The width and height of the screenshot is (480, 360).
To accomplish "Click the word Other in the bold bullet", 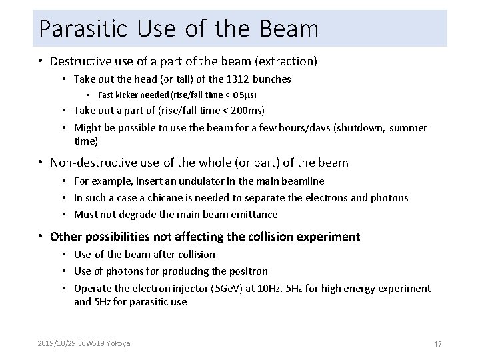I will tap(65, 237).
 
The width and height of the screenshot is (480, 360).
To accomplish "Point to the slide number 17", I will tap(438, 344).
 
